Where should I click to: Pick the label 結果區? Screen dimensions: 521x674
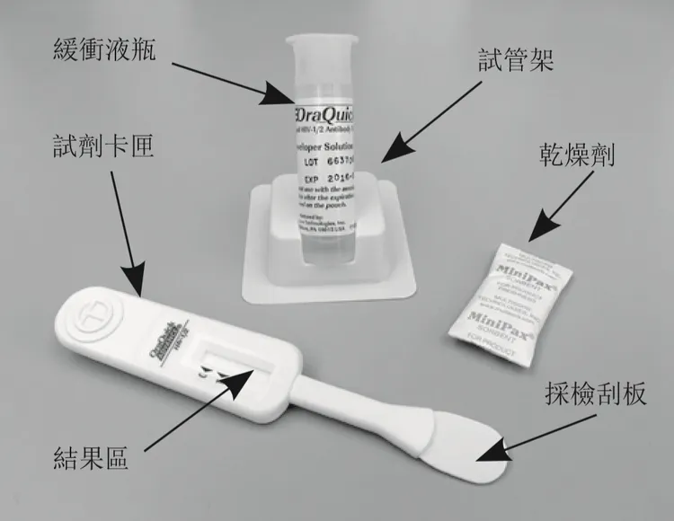tap(91, 460)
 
